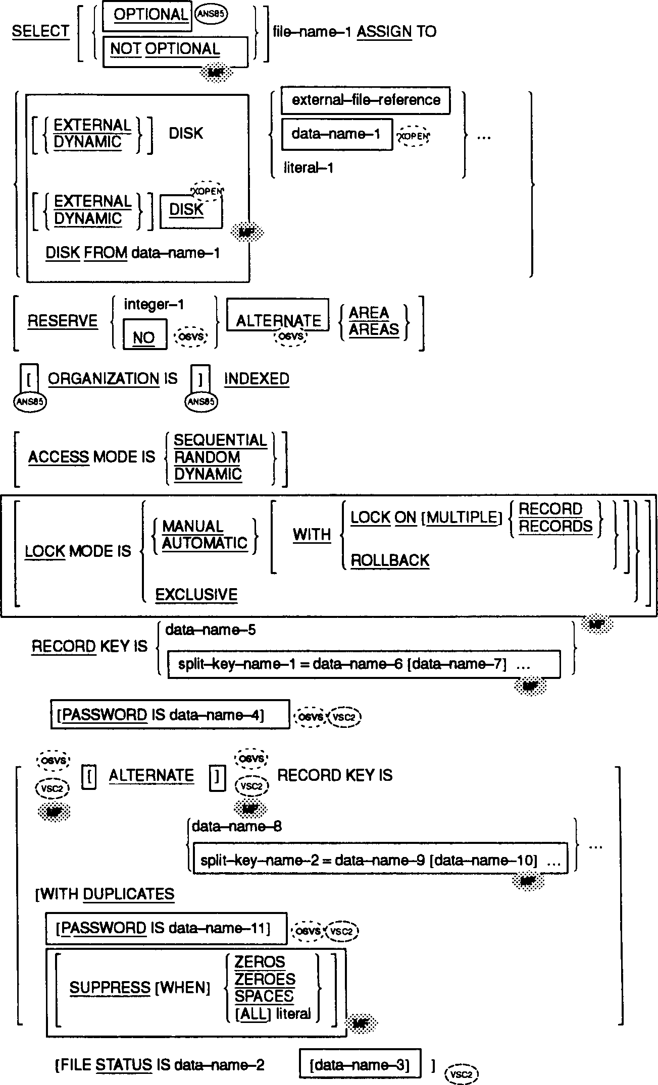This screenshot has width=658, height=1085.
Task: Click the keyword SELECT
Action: click(x=40, y=31)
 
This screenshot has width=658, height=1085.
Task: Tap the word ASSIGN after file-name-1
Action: click(x=384, y=32)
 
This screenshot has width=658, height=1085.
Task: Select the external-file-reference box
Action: click(x=366, y=100)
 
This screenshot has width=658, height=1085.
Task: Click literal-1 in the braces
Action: click(x=309, y=167)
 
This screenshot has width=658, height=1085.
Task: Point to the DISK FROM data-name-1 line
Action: click(x=133, y=253)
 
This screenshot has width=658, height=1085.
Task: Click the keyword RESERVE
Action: click(x=63, y=321)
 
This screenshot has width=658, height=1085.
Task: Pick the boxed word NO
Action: click(x=144, y=337)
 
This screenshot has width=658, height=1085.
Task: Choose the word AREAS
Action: click(x=374, y=330)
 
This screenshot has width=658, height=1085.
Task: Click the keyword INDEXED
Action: click(x=257, y=379)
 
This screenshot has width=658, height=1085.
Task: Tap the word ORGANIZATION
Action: click(x=104, y=379)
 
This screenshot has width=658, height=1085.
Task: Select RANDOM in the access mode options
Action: click(x=207, y=457)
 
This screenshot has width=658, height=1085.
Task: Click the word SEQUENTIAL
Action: click(x=220, y=440)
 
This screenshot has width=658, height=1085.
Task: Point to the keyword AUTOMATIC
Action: click(x=205, y=543)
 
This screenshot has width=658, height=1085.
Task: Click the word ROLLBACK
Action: click(x=390, y=560)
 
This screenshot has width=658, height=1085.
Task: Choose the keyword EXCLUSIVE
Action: click(x=196, y=595)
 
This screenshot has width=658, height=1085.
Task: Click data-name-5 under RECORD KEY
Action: click(x=210, y=630)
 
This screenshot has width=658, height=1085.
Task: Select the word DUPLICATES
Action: click(x=129, y=894)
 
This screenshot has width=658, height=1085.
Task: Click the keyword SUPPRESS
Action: click(x=110, y=988)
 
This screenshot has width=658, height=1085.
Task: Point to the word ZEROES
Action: click(x=265, y=979)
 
